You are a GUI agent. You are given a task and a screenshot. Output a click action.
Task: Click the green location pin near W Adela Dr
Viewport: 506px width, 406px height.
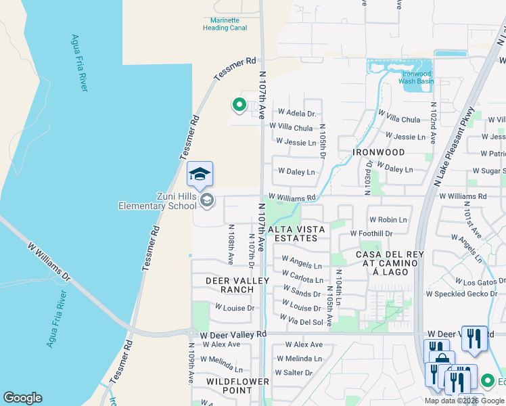(x=238, y=105)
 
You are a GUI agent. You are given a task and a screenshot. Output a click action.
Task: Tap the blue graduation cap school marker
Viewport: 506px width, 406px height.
(x=200, y=175)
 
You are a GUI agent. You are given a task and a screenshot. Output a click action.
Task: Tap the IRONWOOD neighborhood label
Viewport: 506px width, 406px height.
(x=379, y=153)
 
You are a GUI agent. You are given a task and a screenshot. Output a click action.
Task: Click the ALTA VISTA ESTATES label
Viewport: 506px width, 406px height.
(x=297, y=233)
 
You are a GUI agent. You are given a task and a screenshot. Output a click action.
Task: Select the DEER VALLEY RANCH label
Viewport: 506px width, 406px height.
(x=230, y=284)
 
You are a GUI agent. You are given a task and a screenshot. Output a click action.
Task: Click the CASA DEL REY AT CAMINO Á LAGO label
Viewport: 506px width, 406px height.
(x=382, y=263)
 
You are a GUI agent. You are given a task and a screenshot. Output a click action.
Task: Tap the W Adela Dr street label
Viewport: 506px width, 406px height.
(x=297, y=113)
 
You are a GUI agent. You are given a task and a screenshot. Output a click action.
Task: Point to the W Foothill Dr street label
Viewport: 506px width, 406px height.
(x=371, y=233)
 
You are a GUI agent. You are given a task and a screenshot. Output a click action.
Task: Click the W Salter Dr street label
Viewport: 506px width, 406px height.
(x=294, y=373)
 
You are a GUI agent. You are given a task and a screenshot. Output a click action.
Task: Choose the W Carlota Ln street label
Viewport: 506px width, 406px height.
(x=302, y=279)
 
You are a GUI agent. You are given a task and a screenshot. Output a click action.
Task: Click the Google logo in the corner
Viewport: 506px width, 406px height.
(x=22, y=398)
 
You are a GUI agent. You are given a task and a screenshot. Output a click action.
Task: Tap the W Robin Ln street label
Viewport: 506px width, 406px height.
(x=388, y=220)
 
